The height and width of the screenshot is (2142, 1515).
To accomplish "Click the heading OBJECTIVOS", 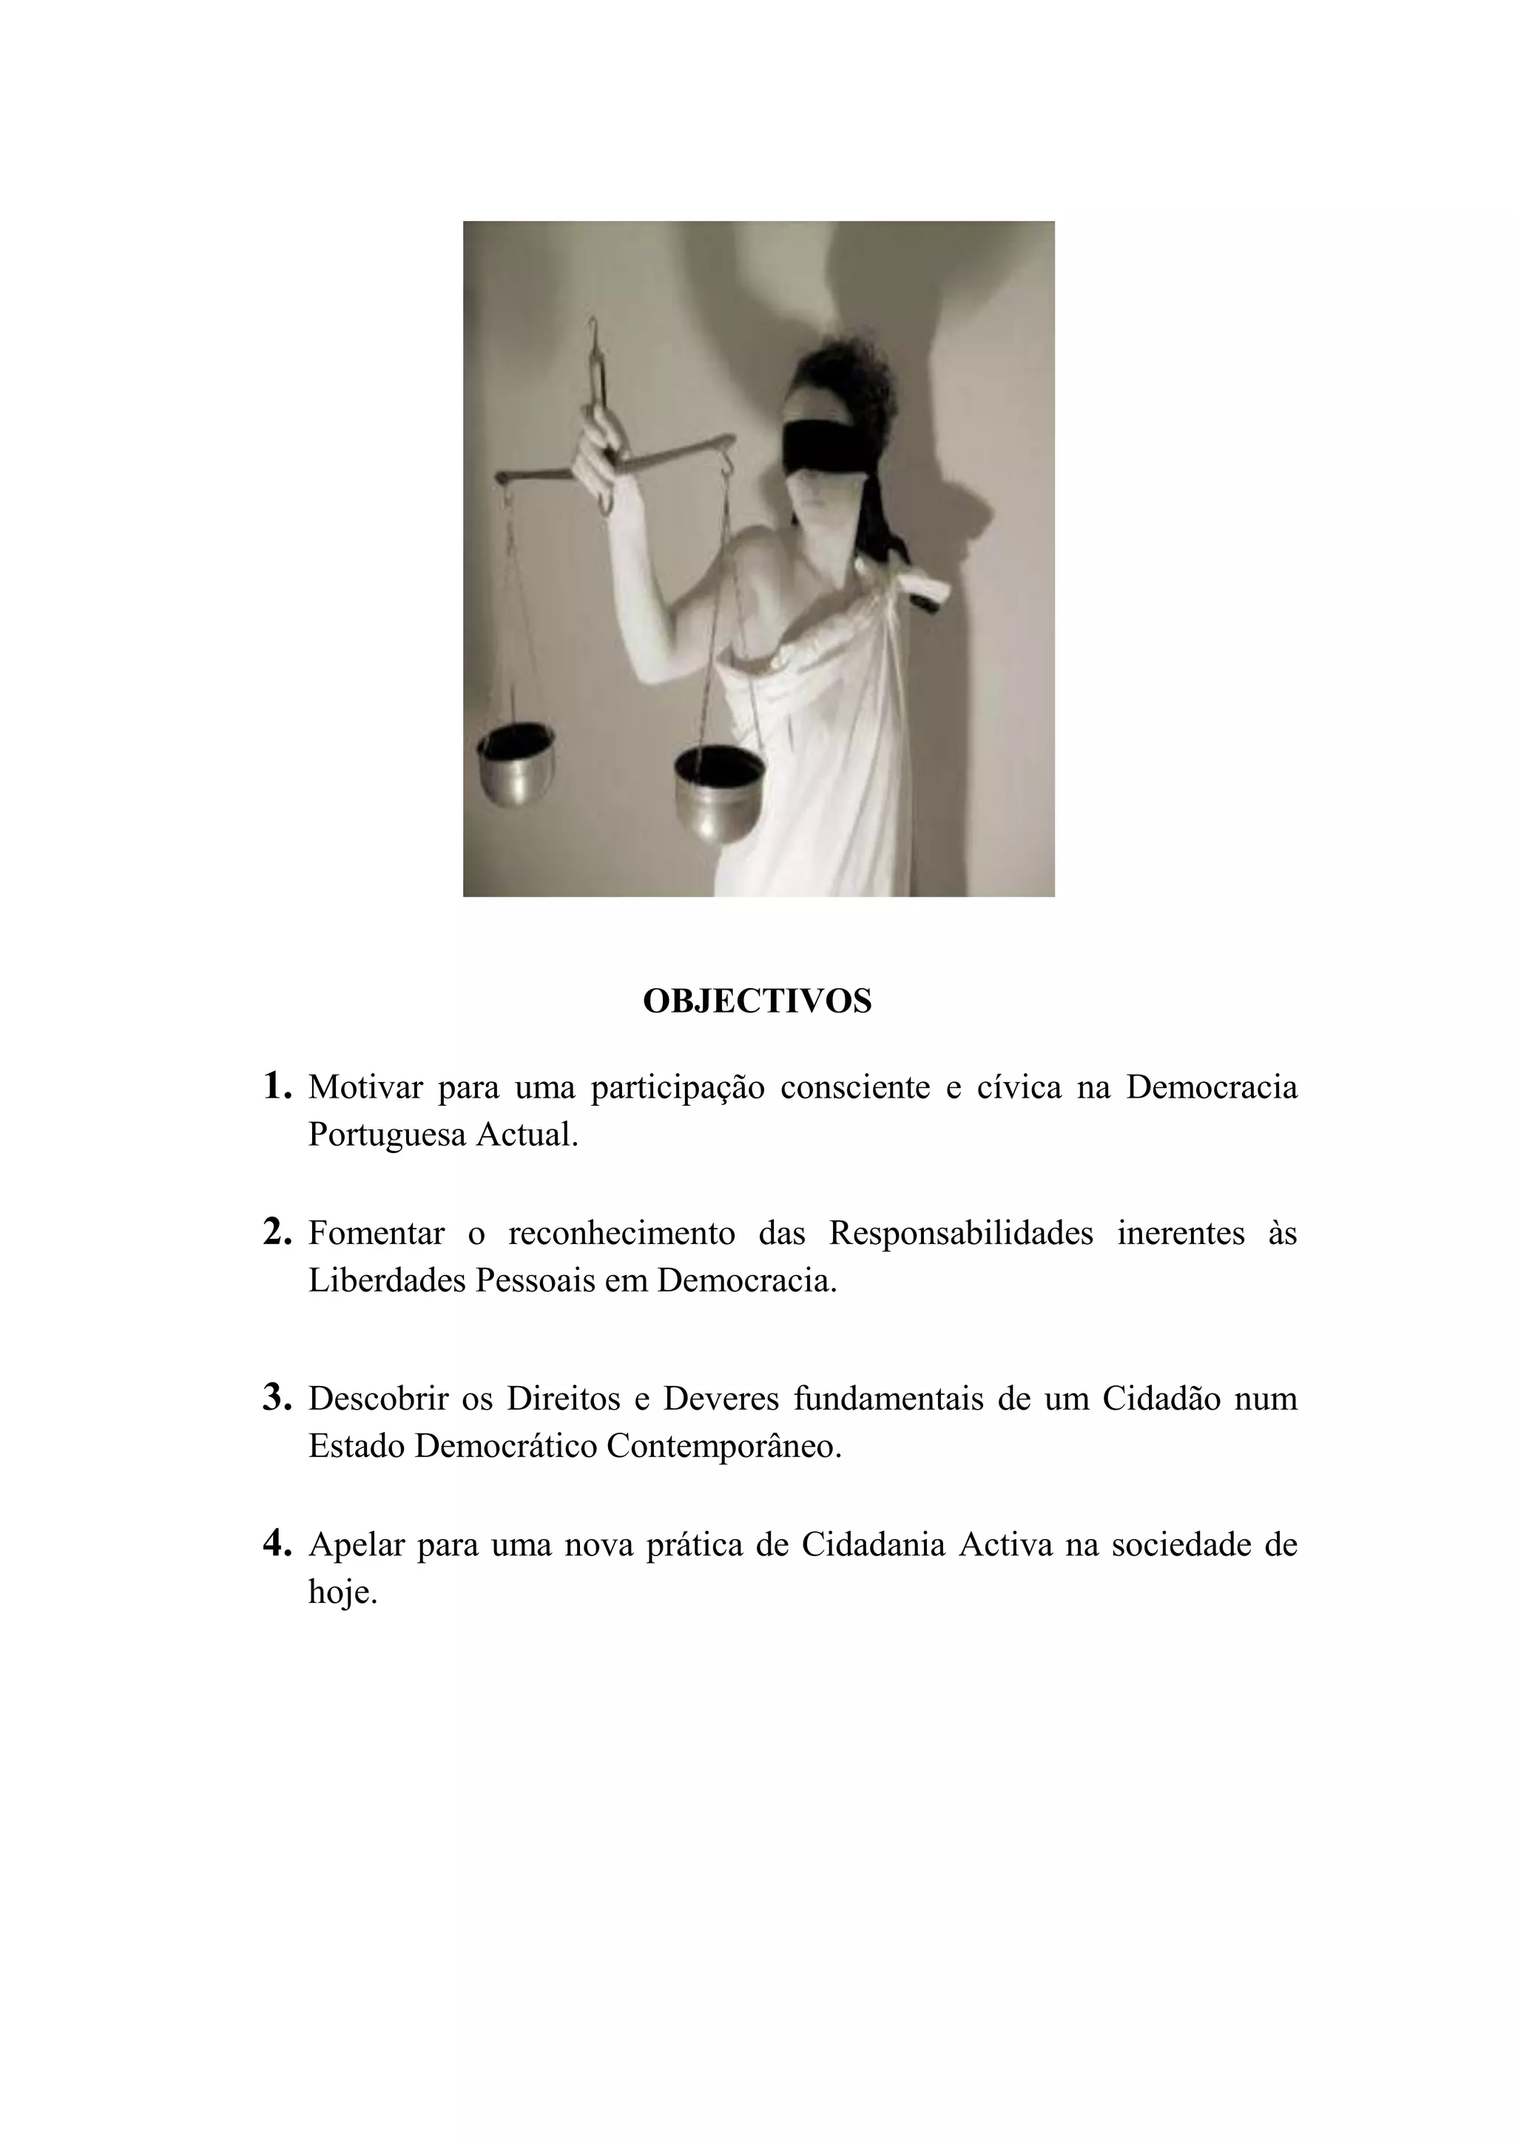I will pos(757,1001).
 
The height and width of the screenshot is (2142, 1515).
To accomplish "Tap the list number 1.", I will pos(277,1085).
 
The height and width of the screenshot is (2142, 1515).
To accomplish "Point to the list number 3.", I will pos(277,1396).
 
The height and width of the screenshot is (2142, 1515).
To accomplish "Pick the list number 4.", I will pos(277,1543).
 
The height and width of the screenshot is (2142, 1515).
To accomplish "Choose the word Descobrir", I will pos(378,1399).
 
